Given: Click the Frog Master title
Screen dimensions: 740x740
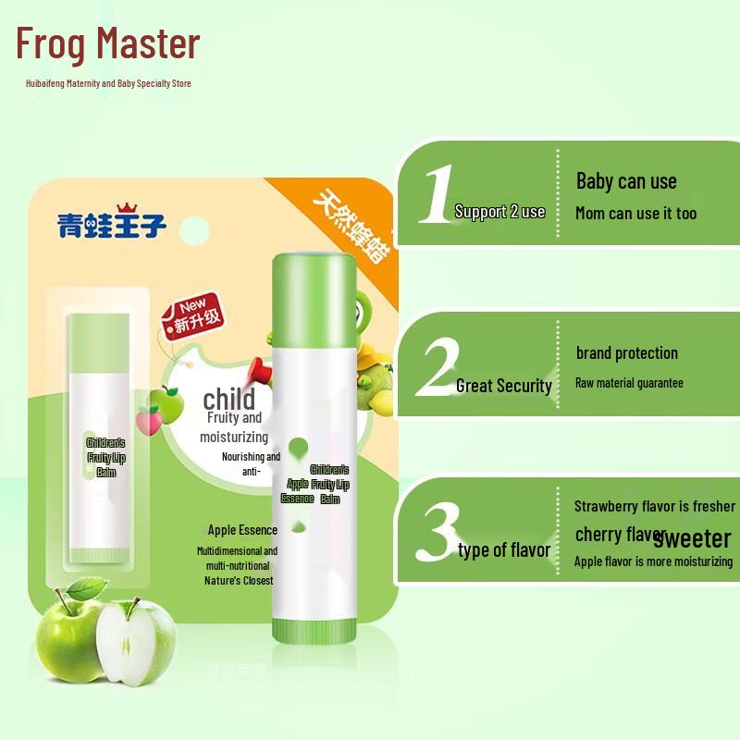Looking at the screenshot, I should pos(108,44).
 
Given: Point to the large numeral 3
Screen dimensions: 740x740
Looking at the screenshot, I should pos(435,530).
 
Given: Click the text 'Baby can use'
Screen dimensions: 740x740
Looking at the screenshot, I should pos(626,181).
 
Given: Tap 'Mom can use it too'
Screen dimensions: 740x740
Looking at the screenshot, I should pos(635,214).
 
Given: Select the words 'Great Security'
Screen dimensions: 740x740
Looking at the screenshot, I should pos(503,387).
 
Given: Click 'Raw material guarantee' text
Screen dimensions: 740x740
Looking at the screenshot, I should pos(629,382).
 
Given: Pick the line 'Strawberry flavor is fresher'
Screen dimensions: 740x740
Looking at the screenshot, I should pos(654,506).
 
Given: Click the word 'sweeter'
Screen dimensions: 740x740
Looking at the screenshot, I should pos(698,537).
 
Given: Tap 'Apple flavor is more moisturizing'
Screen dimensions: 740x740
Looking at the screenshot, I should pos(653,561).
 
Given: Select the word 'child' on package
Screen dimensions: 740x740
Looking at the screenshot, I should pos(228,399).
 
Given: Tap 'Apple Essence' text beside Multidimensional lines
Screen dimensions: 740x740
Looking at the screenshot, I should pos(242,530).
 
